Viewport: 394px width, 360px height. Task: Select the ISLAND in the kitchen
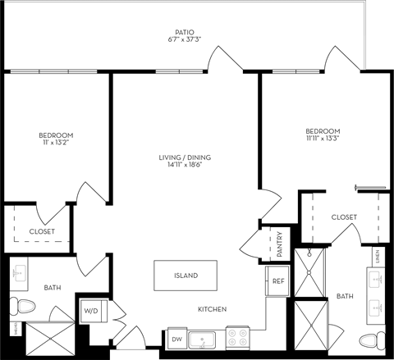pyautogui.click(x=186, y=276)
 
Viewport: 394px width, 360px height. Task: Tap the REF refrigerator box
pyautogui.click(x=278, y=280)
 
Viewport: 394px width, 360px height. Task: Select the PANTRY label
pyautogui.click(x=278, y=243)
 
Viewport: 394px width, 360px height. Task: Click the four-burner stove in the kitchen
pyautogui.click(x=237, y=337)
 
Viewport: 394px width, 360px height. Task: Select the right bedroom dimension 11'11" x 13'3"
pyautogui.click(x=323, y=139)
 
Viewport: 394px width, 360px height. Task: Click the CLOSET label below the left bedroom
pyautogui.click(x=42, y=231)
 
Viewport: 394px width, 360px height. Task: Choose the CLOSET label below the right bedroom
pyautogui.click(x=343, y=217)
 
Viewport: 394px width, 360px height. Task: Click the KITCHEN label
pyautogui.click(x=211, y=309)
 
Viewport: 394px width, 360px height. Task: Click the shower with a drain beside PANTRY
pyautogui.click(x=311, y=271)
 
